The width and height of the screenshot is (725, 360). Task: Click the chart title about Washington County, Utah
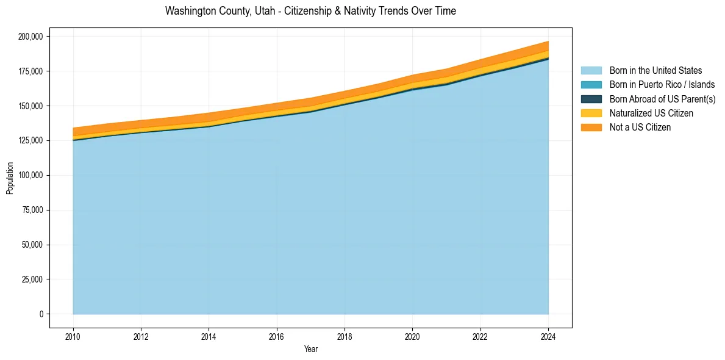310,11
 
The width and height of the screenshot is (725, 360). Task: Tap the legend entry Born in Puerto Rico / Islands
662,85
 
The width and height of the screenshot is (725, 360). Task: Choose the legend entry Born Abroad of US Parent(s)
662,99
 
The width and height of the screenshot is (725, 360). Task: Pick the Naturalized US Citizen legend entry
651,113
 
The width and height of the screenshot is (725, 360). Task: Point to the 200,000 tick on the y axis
30,37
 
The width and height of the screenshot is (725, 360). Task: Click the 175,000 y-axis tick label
30,71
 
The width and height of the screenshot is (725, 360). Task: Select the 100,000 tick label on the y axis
30,176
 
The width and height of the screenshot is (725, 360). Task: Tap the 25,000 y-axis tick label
32,279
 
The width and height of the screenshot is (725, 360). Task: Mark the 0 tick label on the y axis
41,314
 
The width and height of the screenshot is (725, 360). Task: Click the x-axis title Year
310,350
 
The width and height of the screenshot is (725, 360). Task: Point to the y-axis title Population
10,178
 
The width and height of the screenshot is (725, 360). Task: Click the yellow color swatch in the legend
591,113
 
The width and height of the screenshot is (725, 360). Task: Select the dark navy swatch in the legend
591,99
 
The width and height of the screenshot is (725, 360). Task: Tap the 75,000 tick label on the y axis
32,211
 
